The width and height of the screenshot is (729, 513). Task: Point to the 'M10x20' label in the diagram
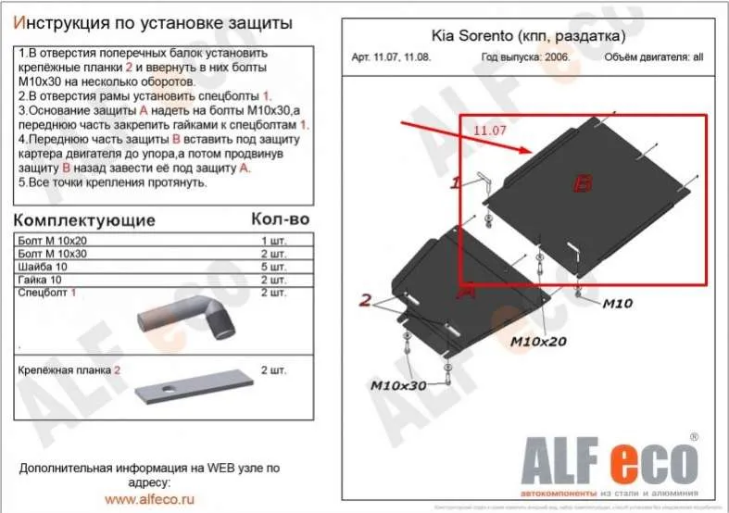[537, 342]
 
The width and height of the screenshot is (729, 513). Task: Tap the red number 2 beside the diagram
[366, 299]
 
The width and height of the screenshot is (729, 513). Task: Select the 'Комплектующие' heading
[86, 221]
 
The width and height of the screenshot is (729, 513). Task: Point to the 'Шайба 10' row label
[44, 266]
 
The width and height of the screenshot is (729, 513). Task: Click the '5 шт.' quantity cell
[272, 266]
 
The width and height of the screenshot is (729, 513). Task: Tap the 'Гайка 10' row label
[43, 279]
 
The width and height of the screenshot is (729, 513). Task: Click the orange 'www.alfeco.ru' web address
[147, 497]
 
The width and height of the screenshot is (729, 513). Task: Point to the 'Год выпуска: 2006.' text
[525, 56]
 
